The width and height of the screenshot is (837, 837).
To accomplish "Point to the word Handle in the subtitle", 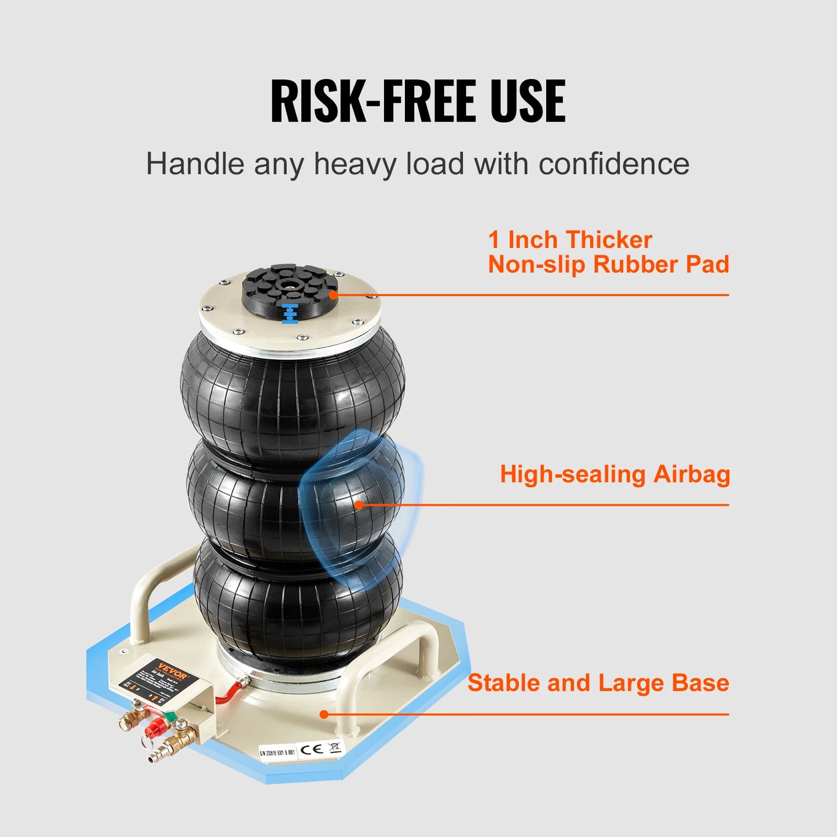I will point(195,164).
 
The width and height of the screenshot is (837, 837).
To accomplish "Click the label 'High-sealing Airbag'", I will point(615,474).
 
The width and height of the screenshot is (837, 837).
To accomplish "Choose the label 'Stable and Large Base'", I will point(598,683).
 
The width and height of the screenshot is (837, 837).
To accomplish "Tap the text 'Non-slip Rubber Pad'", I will point(608,265).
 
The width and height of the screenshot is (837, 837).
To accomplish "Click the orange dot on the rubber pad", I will point(334,295).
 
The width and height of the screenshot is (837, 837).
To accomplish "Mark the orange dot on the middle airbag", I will point(359,505).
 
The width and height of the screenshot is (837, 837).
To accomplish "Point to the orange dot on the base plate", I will point(324,714).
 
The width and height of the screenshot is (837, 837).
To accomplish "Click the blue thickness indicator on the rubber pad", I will point(290,313).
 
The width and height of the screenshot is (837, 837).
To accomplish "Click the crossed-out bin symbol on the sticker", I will point(335,746).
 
